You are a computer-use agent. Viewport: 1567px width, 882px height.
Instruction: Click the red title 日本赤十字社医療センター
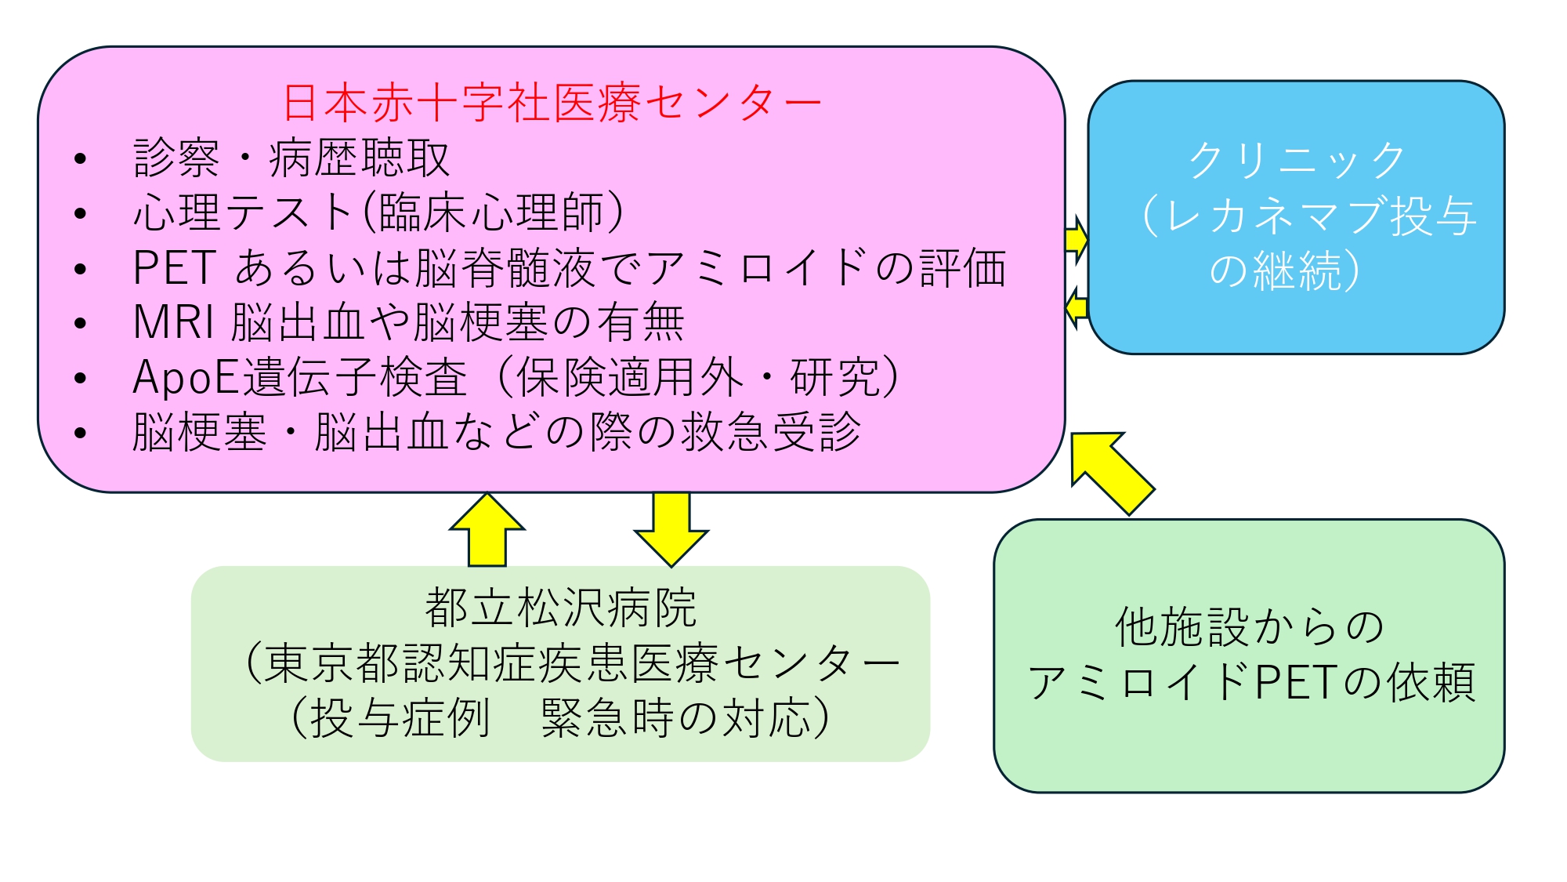552,103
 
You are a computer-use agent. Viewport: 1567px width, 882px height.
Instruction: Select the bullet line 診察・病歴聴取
291,158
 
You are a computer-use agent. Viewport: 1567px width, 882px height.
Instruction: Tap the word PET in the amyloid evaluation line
174,268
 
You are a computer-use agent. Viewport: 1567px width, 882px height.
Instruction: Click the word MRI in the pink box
173,322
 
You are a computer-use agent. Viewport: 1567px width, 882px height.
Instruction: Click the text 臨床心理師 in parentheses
492,213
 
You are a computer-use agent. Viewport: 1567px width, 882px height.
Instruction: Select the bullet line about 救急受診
497,432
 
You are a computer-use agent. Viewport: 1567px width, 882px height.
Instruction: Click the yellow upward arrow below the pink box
487,531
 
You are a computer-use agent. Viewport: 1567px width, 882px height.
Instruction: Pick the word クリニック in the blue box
1297,161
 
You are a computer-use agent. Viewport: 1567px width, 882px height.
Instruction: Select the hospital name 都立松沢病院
560,608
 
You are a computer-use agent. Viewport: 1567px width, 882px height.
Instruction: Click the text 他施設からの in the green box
1249,627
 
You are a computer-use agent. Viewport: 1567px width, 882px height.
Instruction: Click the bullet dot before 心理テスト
80,214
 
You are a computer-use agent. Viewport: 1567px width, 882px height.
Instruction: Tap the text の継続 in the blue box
1276,270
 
